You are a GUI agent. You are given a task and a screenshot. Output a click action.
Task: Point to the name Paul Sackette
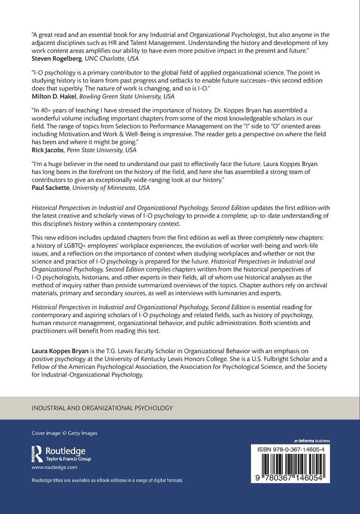click(x=50, y=187)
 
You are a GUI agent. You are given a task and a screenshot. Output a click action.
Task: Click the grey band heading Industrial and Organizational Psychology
click(x=102, y=408)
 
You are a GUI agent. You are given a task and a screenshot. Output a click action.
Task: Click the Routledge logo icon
click(x=37, y=453)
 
